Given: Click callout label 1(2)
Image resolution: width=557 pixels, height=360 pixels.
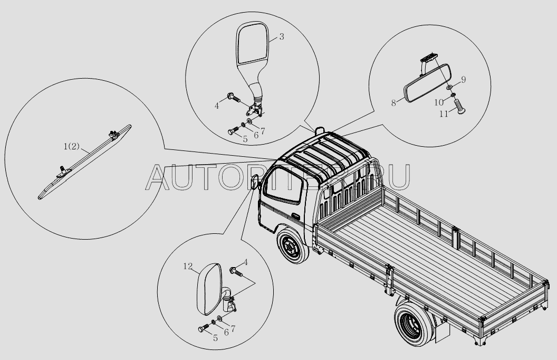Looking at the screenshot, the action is point(72,146).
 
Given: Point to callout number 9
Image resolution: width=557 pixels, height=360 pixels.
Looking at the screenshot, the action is point(464,80).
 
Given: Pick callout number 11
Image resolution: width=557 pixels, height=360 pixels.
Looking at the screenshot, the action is point(444,113).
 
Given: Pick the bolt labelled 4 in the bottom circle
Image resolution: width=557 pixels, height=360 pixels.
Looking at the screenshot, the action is point(235,271).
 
